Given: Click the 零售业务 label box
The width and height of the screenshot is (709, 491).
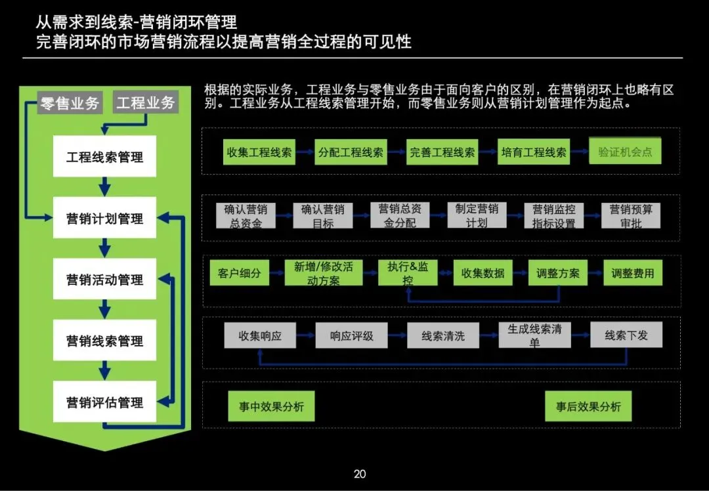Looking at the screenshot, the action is point(70,103).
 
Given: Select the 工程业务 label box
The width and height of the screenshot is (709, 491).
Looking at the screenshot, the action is point(146,103).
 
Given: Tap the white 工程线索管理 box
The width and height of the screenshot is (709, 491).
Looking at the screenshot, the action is point(104,157).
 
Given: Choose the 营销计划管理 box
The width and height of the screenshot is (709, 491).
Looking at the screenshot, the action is point(104,218).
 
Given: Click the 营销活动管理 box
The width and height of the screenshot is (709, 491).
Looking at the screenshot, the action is point(104,280).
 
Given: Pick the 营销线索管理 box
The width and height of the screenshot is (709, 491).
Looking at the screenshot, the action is point(104,341).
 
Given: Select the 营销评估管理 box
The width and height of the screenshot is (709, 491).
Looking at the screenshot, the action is point(104,402).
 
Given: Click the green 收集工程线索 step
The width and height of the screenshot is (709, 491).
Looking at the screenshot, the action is point(259,152).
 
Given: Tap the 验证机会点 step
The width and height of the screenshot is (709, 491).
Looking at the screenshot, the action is point(625,152).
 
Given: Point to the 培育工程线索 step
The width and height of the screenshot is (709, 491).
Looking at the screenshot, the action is point(534,152).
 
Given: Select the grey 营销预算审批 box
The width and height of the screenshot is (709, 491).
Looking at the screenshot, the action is point(631,216).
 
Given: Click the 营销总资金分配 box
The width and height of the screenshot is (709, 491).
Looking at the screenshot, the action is point(400,216).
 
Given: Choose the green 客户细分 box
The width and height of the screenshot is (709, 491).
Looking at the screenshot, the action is point(239,273).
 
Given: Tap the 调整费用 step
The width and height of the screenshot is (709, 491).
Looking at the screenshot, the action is point(633,273).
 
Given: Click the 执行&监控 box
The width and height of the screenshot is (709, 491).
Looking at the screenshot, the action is point(408,273).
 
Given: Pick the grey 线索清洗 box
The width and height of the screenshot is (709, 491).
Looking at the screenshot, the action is point(443,335).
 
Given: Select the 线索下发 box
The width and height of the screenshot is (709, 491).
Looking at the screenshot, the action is point(626,335).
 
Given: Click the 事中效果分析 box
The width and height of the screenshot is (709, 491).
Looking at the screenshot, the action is point(271,406).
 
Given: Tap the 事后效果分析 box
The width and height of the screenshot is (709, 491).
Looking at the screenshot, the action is point(588,406).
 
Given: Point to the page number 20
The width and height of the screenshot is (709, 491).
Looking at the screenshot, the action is point(360,474).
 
